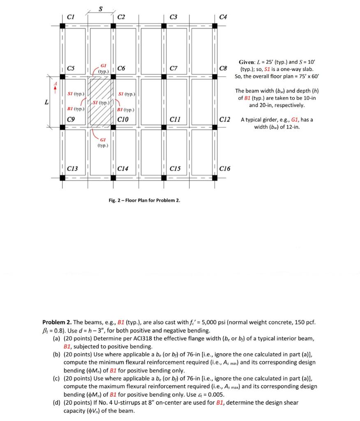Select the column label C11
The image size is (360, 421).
point(175,119)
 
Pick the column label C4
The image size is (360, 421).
point(223,17)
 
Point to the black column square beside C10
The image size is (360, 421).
point(113,127)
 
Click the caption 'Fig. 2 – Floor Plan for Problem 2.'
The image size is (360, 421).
point(144,200)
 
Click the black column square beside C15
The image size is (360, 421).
point(164,178)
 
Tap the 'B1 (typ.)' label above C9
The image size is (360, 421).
point(76,109)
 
